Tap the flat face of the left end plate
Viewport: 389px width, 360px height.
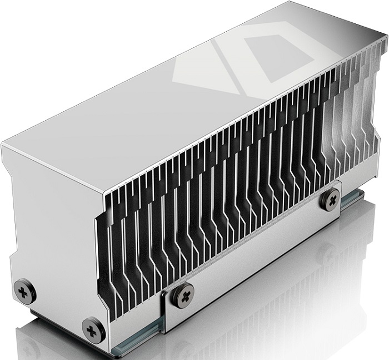pyautogui.click(x=56, y=223)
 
